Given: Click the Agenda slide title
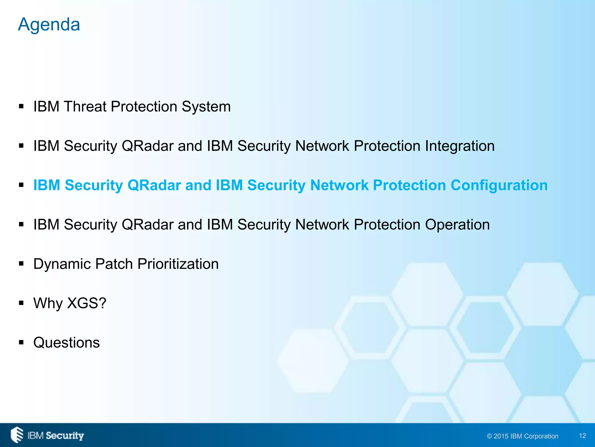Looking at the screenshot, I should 49,24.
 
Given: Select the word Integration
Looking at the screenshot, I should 460,146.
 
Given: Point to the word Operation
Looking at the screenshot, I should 457,225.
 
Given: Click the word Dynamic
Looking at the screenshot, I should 62,264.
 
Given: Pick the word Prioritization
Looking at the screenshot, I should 178,264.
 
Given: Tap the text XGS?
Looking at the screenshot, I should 87,303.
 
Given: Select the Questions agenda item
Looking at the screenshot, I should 67,343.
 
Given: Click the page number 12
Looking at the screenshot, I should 582,436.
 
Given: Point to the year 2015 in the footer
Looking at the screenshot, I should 501,436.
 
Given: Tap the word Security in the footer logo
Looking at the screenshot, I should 65,436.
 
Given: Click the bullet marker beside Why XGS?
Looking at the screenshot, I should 21,303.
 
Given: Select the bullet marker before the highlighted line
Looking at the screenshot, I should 21,185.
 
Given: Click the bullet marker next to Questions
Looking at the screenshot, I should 21,343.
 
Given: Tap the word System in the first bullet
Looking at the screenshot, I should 206,107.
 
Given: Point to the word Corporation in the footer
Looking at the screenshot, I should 541,436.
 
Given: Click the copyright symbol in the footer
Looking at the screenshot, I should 490,436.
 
